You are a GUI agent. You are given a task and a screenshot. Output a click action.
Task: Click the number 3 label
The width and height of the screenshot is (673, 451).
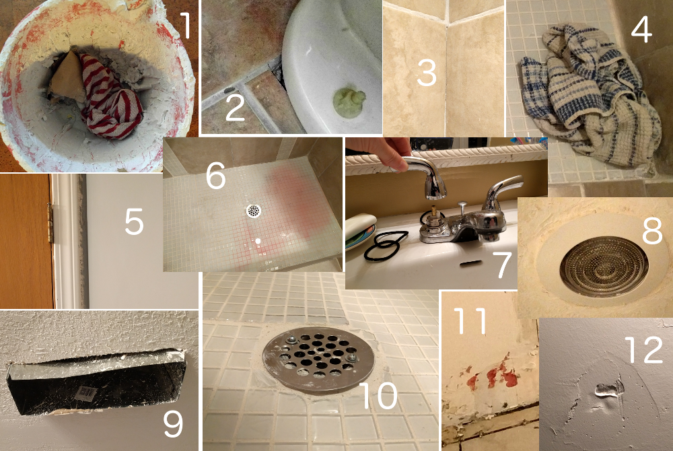(427, 73)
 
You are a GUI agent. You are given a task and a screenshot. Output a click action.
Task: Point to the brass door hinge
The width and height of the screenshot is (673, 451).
(50, 223)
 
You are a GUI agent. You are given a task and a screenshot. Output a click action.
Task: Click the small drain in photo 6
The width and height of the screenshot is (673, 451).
(254, 210)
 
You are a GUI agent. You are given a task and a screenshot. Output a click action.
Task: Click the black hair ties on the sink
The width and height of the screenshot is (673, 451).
(385, 246)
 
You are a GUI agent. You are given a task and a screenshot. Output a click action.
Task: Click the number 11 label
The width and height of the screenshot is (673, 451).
(470, 320)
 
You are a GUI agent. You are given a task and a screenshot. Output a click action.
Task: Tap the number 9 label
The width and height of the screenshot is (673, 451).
(173, 423)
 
